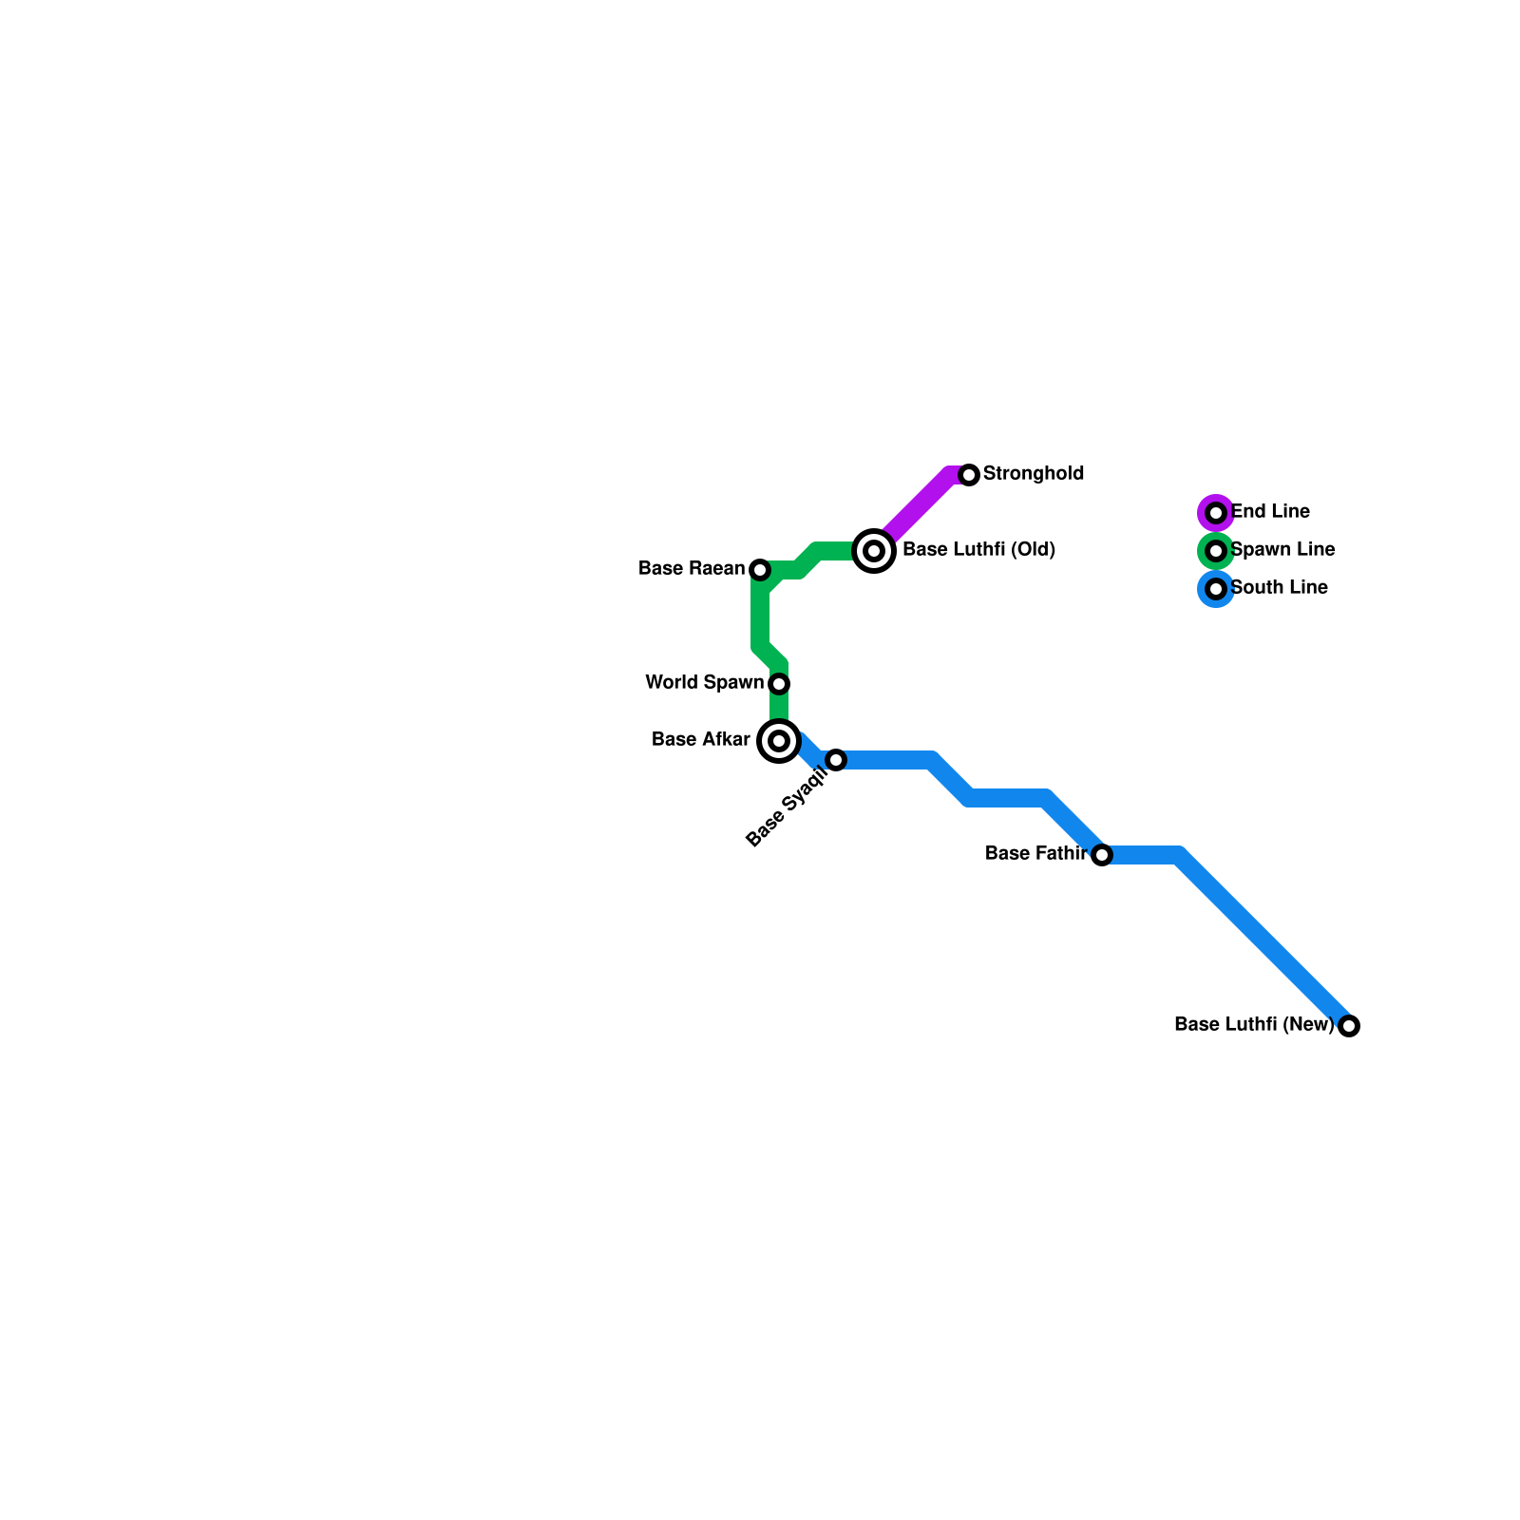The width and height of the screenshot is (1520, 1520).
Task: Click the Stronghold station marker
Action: click(x=969, y=475)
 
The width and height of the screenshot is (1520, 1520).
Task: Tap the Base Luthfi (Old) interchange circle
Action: click(x=874, y=551)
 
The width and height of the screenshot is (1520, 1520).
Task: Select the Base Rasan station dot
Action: click(x=760, y=570)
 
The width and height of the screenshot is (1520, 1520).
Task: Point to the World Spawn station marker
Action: click(x=779, y=684)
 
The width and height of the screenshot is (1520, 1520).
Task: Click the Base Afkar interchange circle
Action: click(x=779, y=741)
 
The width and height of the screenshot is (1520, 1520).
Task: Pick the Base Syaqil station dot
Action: click(x=836, y=760)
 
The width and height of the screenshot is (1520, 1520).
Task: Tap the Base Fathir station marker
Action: click(x=1102, y=855)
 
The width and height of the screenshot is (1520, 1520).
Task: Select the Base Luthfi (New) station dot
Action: click(x=1349, y=1026)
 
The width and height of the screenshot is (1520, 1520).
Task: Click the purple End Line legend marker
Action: click(x=1216, y=513)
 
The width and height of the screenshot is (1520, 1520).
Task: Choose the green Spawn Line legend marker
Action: click(x=1216, y=551)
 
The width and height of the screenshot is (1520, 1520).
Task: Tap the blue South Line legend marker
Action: click(x=1216, y=589)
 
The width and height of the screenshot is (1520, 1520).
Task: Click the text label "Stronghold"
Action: click(x=1034, y=473)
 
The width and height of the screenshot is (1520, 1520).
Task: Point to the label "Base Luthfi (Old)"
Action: click(x=978, y=549)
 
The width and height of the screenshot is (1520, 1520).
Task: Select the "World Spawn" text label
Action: click(x=704, y=682)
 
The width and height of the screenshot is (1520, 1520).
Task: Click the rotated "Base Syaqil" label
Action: click(x=788, y=807)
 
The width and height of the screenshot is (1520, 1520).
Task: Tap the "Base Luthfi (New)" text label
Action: click(x=1254, y=1024)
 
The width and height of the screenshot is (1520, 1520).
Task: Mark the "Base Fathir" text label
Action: click(x=1035, y=853)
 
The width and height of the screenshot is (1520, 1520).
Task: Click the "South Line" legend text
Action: click(x=1279, y=587)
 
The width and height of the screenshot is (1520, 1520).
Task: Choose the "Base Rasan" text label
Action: click(x=692, y=568)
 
